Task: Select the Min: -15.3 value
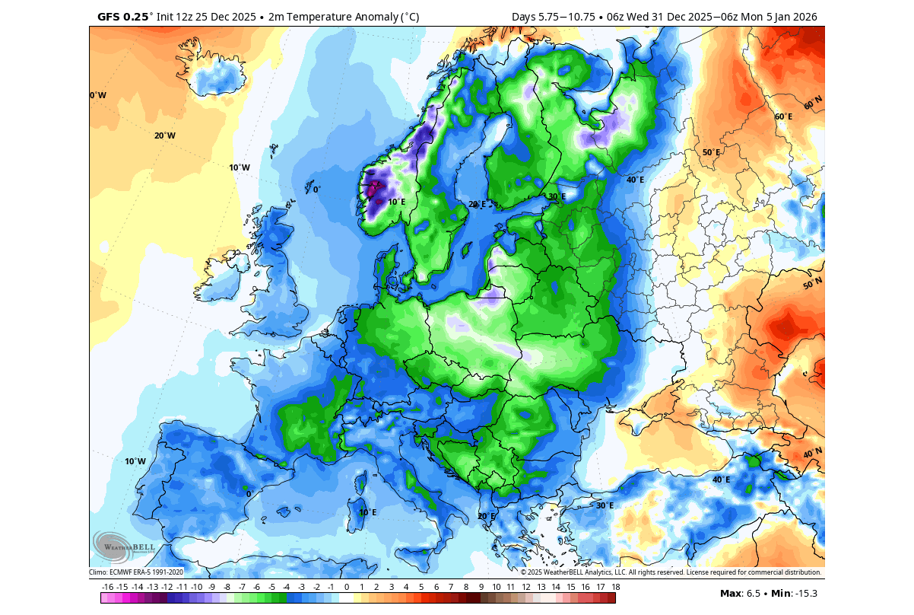tap(796, 593)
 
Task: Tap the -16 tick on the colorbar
tap(107, 587)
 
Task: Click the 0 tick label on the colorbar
tap(346, 587)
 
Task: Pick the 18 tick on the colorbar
tap(615, 587)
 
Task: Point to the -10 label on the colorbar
tap(197, 587)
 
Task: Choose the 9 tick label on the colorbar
tap(481, 587)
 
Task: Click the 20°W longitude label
tap(165, 135)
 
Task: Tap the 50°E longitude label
tap(710, 152)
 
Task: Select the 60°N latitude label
tap(813, 101)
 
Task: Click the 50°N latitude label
tap(813, 284)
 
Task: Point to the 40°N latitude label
tap(813, 454)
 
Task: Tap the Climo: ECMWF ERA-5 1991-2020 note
tap(136, 572)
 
